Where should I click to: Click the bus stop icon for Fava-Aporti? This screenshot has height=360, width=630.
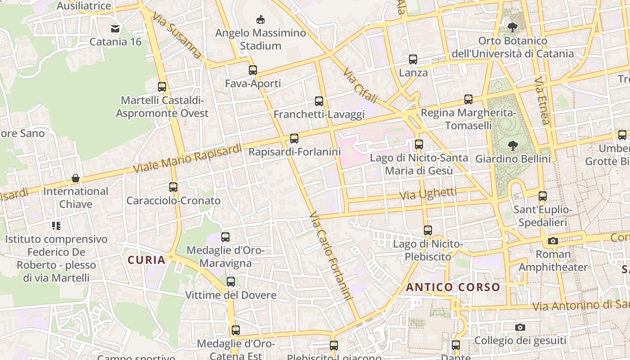coord(253,70)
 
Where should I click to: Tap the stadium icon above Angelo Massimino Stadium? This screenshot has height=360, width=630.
coord(261,19)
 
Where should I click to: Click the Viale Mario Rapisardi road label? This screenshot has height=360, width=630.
coord(188,158)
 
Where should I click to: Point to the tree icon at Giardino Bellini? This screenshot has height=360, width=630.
coord(513,146)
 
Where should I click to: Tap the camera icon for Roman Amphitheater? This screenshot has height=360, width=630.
coord(553,241)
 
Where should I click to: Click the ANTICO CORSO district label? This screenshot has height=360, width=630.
coord(453,287)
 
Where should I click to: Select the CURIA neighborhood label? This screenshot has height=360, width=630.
coord(146,260)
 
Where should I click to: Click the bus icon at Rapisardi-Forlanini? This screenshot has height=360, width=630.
coord(294,139)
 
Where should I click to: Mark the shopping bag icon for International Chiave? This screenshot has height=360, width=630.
coord(76,178)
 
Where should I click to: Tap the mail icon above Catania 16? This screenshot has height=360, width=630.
coord(115,29)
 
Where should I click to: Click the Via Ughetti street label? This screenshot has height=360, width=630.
coord(428,194)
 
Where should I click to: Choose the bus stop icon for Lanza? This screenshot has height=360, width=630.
coord(413,59)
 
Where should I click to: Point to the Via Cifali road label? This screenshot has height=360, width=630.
coord(360,85)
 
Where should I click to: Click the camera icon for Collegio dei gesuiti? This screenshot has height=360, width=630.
coord(520,327)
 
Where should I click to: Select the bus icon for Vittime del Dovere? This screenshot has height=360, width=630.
coord(231,282)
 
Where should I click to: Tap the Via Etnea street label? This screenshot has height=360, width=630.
coord(542,100)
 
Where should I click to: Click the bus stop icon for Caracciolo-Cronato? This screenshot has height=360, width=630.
coord(173,187)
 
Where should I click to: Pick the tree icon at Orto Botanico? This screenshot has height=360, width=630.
coord(513,27)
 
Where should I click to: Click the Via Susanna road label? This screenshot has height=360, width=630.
coord(177,35)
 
